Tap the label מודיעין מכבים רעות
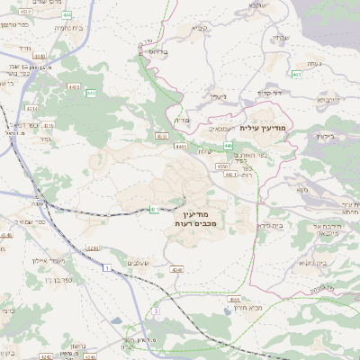195,215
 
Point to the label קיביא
200,28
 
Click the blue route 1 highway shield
106,268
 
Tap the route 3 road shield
155,310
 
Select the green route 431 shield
155,209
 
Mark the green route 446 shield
229,145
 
